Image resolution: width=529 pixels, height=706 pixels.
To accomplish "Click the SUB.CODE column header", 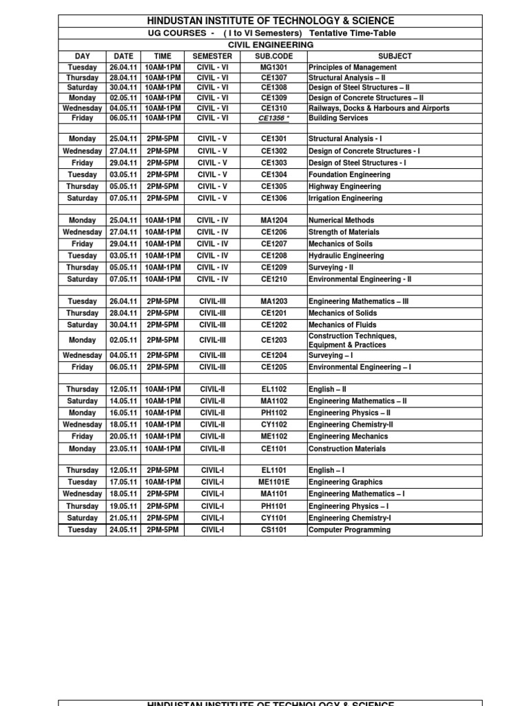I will (x=273, y=56).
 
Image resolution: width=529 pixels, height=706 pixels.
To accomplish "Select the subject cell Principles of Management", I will (x=353, y=68).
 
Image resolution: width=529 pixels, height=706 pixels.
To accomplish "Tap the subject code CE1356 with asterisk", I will (x=273, y=119).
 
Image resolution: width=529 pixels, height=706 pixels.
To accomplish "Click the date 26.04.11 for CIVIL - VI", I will (x=123, y=68).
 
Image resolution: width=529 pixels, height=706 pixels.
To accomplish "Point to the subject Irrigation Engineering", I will (x=345, y=199).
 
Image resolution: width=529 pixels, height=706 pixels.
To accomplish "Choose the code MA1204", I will (x=273, y=221).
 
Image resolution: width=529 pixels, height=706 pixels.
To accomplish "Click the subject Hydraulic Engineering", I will (x=346, y=256).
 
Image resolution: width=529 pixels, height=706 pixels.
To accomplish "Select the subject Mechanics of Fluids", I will (x=342, y=325).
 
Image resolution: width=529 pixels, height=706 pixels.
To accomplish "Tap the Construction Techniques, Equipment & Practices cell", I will (x=353, y=340).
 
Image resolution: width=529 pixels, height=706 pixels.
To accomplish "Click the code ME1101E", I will (x=273, y=483).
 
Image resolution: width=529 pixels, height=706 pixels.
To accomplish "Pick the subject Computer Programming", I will (x=349, y=530).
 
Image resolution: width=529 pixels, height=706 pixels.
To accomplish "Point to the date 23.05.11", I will (x=123, y=449).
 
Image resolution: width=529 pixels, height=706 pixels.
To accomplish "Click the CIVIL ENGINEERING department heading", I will (x=270, y=45).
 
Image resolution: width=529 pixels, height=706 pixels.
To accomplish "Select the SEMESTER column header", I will (x=212, y=56).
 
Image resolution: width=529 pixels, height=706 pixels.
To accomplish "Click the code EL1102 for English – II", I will (x=273, y=390).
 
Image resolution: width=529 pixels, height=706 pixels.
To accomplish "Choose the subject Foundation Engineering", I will (x=349, y=175).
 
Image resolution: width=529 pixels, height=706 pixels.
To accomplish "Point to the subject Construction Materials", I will (x=346, y=449).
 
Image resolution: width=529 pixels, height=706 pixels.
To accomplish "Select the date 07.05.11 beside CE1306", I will (x=123, y=199).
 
